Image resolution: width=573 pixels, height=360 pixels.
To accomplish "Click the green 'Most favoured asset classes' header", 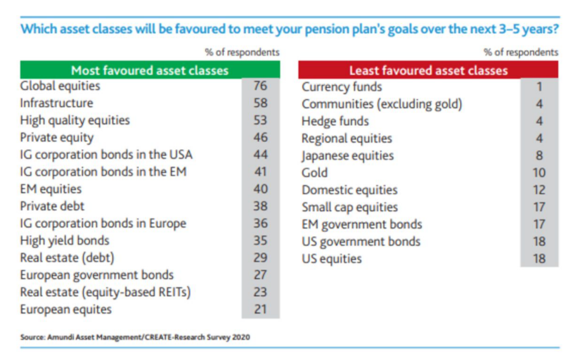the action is [150, 70].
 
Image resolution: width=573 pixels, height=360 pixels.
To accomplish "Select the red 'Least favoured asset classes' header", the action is [428, 70].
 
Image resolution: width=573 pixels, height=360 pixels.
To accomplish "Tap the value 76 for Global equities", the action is [261, 86].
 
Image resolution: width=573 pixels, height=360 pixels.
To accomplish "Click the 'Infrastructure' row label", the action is [57, 103].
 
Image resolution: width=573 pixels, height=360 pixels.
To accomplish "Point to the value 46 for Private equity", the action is [261, 137].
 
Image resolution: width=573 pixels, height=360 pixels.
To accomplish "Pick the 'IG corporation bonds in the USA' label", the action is [106, 155].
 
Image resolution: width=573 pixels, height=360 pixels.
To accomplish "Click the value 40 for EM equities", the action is [261, 189].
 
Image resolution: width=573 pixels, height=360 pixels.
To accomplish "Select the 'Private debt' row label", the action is [52, 206].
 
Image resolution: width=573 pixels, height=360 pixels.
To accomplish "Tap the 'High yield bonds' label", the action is [65, 240].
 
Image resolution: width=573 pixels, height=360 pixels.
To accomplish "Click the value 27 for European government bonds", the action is [261, 275].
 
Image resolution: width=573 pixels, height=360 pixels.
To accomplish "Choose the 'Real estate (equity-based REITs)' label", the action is [105, 292].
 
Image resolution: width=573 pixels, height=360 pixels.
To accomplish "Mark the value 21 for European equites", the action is [261, 309].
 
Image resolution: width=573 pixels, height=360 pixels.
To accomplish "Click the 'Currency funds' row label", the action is [342, 87].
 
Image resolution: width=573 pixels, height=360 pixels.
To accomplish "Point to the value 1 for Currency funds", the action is [539, 87].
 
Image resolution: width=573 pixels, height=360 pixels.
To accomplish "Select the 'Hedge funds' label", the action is [335, 122].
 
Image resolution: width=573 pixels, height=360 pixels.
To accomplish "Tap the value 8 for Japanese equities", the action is [539, 155].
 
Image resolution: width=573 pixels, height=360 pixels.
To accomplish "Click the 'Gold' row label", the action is [315, 173].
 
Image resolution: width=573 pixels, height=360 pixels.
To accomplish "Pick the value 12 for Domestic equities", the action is [539, 190].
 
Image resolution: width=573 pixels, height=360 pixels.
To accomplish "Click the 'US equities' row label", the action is [332, 259].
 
